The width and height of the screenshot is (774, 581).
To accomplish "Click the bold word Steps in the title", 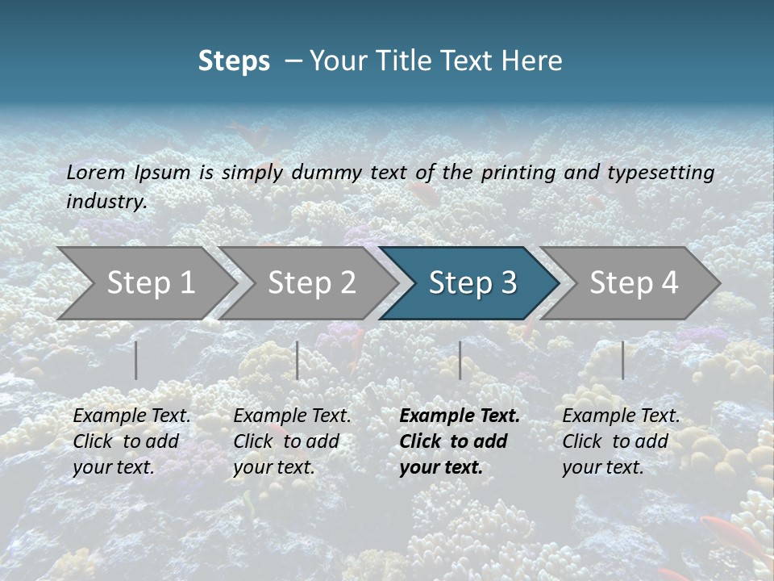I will [x=234, y=61].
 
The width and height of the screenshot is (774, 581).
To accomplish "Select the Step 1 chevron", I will [x=145, y=283].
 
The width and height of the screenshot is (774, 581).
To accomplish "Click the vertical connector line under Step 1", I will [x=136, y=360].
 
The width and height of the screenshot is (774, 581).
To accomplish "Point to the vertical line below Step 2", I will [x=298, y=360].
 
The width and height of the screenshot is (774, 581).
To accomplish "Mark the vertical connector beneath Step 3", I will [x=460, y=360].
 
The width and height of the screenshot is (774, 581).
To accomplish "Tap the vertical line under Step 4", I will [x=622, y=360].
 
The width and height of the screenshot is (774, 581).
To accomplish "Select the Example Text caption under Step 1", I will [x=131, y=441].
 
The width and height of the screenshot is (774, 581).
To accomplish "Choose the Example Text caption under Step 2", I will [x=292, y=441].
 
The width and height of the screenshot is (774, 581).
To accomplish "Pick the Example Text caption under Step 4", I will [x=621, y=441].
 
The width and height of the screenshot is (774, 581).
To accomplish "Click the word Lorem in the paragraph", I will [x=96, y=173].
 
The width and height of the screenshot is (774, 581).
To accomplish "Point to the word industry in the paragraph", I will [x=106, y=202].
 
